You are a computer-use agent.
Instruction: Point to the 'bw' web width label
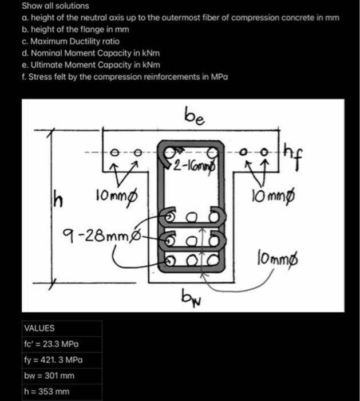click(x=189, y=298)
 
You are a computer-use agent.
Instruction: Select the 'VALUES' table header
click(x=39, y=328)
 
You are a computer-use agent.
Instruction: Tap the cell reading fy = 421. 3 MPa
click(x=53, y=360)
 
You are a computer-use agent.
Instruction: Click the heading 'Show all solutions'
click(x=55, y=6)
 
